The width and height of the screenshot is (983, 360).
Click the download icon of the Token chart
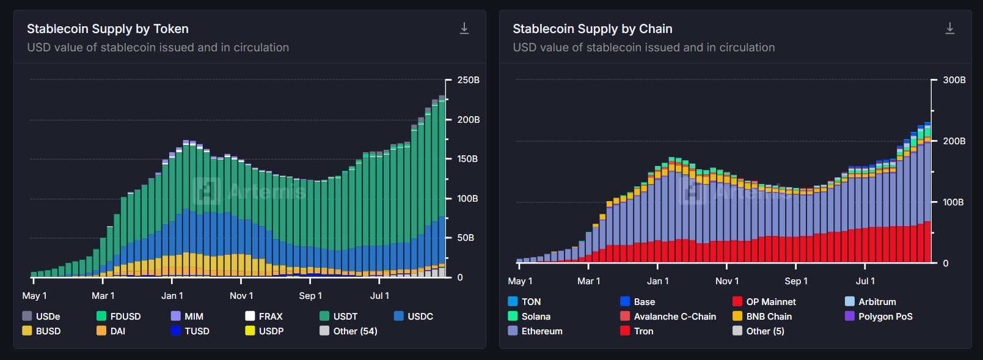pyautogui.click(x=464, y=28)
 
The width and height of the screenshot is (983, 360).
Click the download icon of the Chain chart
pyautogui.click(x=950, y=28)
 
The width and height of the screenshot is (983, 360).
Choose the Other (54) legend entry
pyautogui.click(x=348, y=331)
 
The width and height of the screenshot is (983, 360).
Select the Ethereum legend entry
pyautogui.click(x=535, y=331)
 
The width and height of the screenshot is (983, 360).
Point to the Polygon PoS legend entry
pyautogui.click(x=879, y=316)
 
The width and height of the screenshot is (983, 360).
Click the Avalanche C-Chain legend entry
pyautogui.click(x=668, y=316)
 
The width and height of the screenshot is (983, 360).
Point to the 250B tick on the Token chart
pyautogui.click(x=469, y=80)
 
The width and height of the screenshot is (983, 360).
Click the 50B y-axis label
pyautogui.click(x=466, y=238)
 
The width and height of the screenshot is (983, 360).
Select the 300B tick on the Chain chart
pyautogui.click(x=954, y=80)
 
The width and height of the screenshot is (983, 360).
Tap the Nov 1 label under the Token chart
pyautogui.click(x=241, y=296)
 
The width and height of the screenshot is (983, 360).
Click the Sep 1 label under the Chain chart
pyautogui.click(x=796, y=281)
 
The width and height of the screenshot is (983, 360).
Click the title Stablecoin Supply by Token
pyautogui.click(x=108, y=29)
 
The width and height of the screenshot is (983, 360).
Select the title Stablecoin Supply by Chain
pyautogui.click(x=592, y=29)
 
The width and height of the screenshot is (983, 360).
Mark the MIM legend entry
pyautogui.click(x=187, y=316)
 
